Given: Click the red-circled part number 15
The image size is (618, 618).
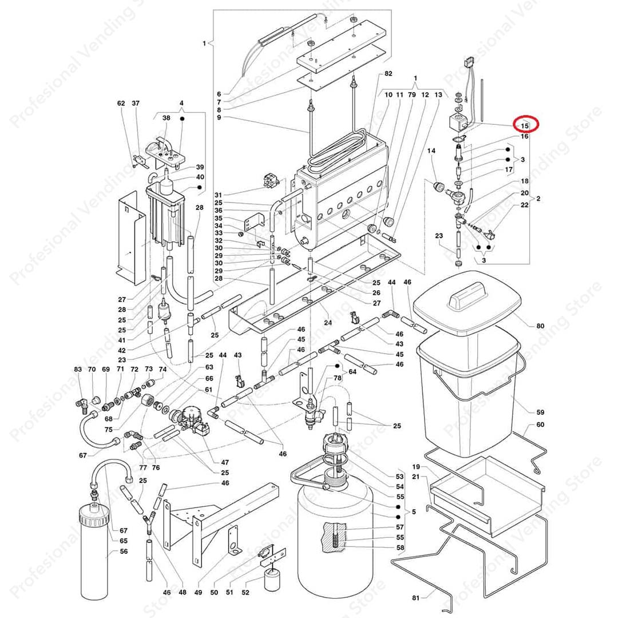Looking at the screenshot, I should tap(524, 125).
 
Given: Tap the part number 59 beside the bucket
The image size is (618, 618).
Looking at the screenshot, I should tap(540, 412).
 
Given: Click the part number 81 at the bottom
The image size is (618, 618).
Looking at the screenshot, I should tap(416, 598).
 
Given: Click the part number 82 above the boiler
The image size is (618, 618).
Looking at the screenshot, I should tap(389, 74).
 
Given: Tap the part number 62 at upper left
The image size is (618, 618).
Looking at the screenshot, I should tap(121, 104).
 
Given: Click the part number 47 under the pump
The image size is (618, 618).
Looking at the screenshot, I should tap(225, 462).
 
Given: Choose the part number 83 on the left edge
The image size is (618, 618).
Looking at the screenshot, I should tap(78, 370).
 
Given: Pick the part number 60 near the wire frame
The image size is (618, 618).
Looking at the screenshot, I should tap(540, 425).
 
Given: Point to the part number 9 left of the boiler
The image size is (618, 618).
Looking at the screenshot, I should tap(219, 118).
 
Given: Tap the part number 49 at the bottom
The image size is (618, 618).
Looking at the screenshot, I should tap(199, 592).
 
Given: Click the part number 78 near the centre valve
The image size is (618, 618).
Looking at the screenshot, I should tap(338, 378).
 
